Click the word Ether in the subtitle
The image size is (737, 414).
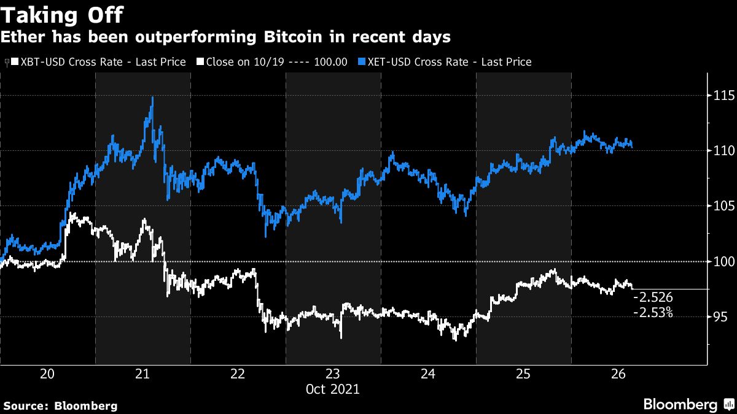click(23, 37)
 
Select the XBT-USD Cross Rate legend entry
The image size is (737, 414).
click(98, 62)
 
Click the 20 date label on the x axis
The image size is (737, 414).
click(47, 374)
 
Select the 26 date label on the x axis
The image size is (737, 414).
click(618, 374)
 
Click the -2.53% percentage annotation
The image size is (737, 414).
click(654, 313)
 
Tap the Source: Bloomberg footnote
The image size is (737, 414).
click(60, 405)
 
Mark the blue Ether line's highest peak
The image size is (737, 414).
click(152, 98)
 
